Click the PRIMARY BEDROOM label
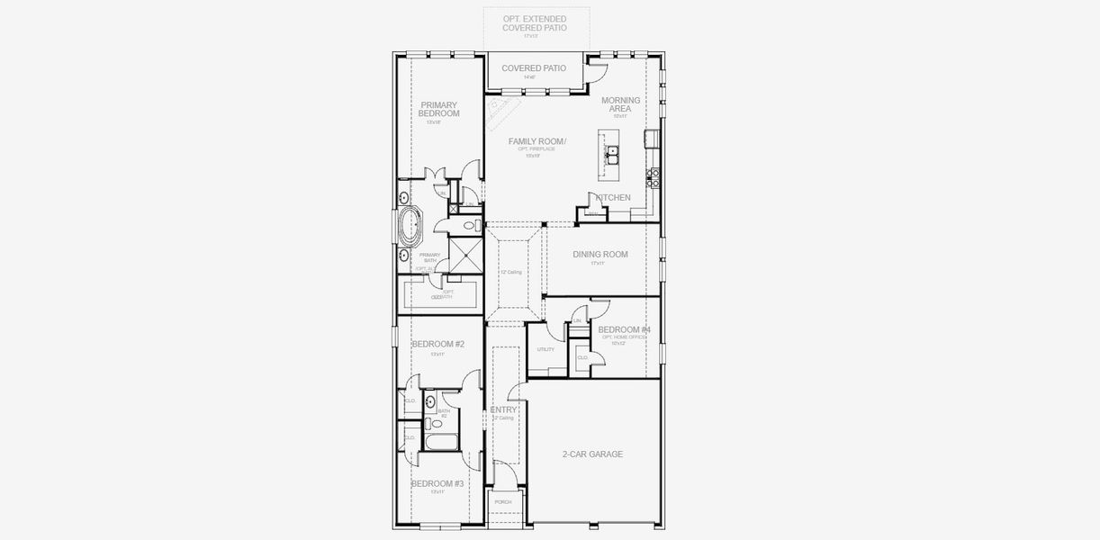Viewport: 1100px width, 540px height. pos(439,110)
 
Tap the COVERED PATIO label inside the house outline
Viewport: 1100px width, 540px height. pos(534,68)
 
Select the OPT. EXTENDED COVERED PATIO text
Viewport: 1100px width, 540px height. pos(535,22)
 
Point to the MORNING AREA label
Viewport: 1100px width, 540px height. pos(621,104)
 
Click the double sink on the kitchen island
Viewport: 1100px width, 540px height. pos(612,155)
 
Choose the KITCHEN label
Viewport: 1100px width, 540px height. pos(612,197)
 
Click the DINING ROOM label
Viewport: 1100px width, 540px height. pos(600,255)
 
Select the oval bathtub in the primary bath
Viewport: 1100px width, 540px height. pos(411,229)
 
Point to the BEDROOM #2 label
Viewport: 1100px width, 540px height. pos(437,344)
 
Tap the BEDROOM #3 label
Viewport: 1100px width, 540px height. pos(437,484)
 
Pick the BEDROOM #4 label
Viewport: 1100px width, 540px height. pos(624,330)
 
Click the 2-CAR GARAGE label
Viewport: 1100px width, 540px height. pos(591,454)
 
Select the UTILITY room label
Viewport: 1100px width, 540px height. pos(545,349)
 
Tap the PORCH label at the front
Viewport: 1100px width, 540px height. pos(503,502)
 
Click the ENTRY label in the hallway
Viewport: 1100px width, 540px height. pos(504,409)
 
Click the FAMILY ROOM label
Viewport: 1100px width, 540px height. pos(536,141)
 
